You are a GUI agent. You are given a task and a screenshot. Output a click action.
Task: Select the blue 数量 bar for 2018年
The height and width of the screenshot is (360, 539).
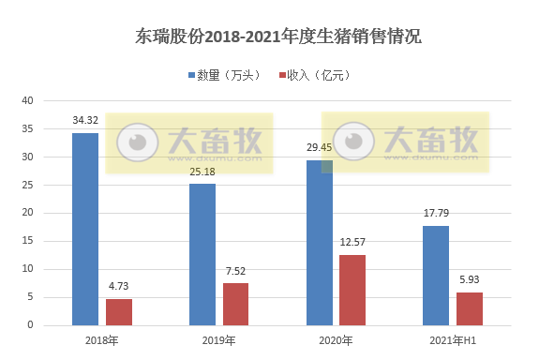[85, 230]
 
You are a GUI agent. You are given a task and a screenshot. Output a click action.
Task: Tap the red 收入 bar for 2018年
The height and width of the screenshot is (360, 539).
[119, 312]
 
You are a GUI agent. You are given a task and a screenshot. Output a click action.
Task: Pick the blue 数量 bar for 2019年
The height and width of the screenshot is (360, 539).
[202, 254]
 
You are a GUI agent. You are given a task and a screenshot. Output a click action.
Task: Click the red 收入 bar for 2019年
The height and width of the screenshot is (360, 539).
[236, 304]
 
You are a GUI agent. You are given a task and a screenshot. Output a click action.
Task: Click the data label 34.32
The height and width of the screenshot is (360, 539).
[85, 120]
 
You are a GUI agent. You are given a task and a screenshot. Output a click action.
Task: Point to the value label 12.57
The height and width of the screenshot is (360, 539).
[352, 243]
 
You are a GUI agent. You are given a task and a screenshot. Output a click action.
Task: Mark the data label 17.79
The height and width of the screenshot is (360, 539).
[436, 214]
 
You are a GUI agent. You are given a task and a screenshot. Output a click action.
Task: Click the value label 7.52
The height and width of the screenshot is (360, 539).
[236, 271]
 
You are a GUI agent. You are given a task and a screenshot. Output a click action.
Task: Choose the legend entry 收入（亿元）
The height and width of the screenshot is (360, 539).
[316, 75]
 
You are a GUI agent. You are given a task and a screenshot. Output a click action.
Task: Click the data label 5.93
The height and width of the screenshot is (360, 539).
[470, 280]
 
